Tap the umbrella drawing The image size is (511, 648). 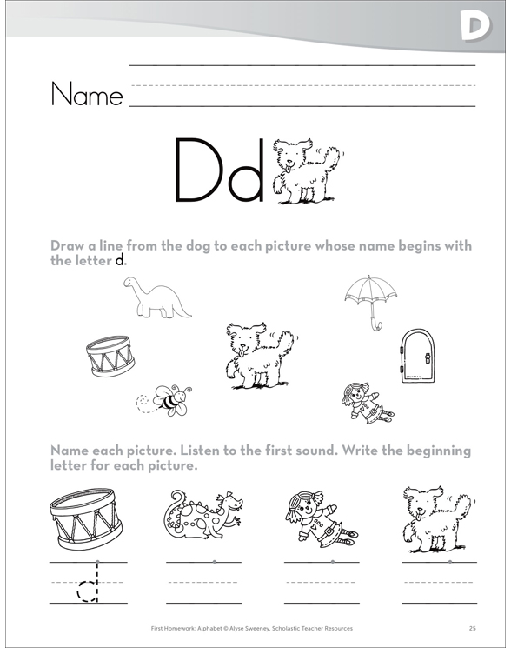(x=371, y=297)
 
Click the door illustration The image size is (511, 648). (x=418, y=356)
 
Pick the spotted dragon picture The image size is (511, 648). (x=202, y=515)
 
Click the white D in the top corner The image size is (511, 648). (x=476, y=25)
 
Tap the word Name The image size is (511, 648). (x=87, y=95)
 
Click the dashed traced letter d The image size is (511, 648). (x=88, y=583)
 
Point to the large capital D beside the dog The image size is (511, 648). (x=201, y=170)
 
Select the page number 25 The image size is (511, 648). (x=473, y=628)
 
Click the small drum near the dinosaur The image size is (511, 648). (x=110, y=356)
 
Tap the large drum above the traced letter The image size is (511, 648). (x=86, y=518)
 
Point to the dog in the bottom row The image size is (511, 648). (x=437, y=518)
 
